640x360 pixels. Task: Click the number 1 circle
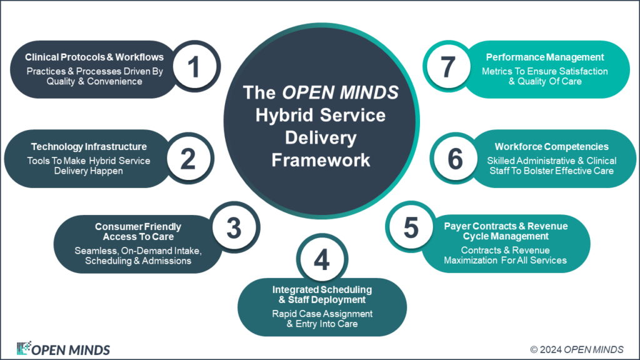[194, 67]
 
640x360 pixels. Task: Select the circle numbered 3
[234, 228]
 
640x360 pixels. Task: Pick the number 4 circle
[321, 261]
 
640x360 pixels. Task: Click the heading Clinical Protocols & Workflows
[94, 57]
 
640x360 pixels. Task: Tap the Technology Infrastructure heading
[89, 146]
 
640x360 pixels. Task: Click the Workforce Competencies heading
[551, 146]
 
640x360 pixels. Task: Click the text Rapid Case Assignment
[322, 313]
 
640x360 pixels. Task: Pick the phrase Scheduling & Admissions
[138, 261]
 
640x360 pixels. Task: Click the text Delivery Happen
[89, 171]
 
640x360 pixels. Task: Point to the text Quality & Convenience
[94, 81]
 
